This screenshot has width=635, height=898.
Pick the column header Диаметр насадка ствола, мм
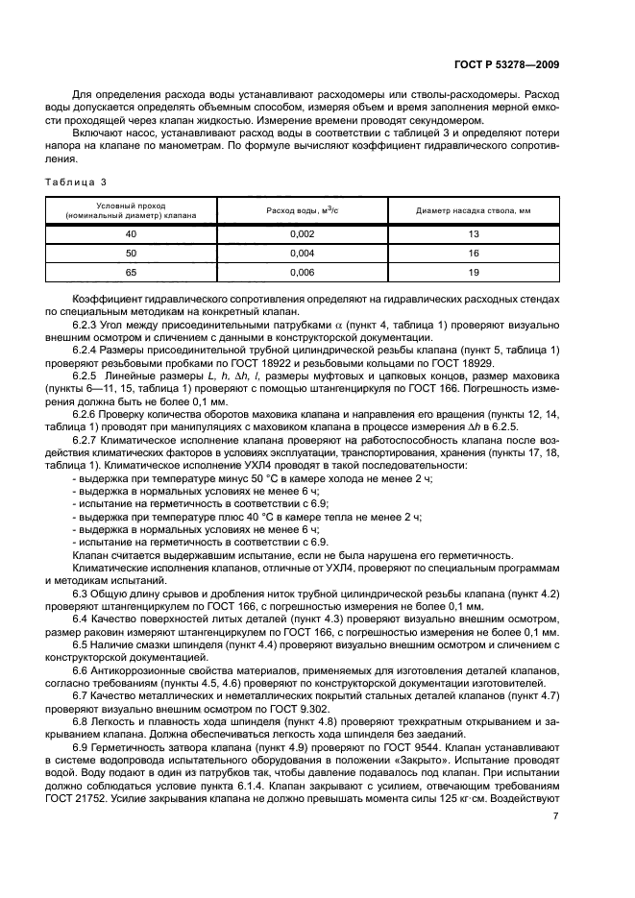click(x=473, y=209)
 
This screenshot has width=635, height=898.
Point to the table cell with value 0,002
click(x=302, y=233)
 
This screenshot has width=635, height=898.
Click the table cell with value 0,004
click(x=302, y=253)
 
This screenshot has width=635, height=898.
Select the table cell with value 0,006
click(x=302, y=272)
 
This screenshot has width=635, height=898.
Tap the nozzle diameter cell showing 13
click(x=473, y=233)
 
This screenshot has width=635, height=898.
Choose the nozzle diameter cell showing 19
click(x=473, y=272)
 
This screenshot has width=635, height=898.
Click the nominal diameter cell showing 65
click(x=132, y=272)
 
